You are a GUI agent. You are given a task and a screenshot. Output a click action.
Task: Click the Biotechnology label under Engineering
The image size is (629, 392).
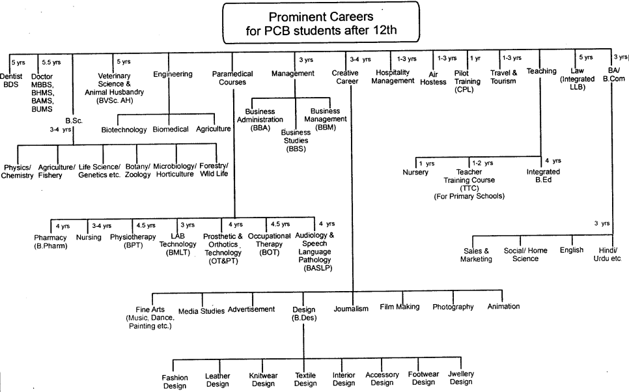click(x=124, y=130)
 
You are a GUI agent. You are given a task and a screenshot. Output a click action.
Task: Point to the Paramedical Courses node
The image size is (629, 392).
click(x=232, y=79)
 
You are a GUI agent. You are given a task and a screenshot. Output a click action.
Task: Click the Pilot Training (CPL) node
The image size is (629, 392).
click(x=468, y=81)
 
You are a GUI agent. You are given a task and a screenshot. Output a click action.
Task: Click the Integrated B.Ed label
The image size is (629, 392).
click(x=543, y=176)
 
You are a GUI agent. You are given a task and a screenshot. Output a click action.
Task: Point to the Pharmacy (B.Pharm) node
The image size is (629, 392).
click(x=51, y=242)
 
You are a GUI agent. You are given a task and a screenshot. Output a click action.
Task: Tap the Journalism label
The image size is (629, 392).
click(x=351, y=309)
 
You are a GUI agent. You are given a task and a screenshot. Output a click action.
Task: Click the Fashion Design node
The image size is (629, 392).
click(x=175, y=381)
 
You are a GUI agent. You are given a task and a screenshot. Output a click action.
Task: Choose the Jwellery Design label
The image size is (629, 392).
click(x=461, y=378)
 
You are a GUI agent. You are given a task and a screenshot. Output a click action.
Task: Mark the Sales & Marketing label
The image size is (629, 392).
click(x=477, y=254)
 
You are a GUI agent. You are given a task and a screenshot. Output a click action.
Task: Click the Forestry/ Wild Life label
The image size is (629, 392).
click(x=214, y=170)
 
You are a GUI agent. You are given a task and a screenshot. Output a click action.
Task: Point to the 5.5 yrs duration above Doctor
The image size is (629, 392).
click(x=51, y=62)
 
